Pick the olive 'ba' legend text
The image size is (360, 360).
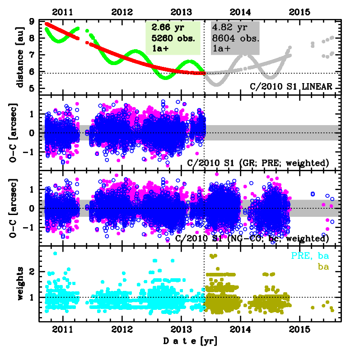tap(323, 266)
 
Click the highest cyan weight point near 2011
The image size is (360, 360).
tap(55, 253)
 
